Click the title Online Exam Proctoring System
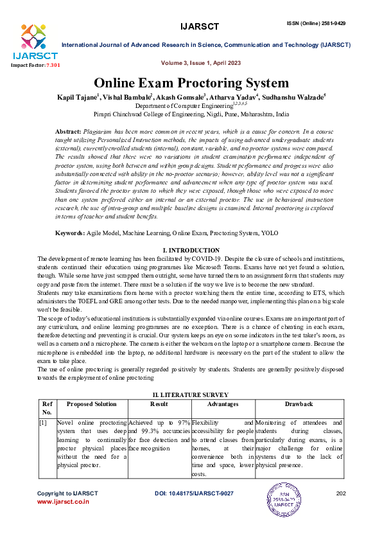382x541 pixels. (191, 83)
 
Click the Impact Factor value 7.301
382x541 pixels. (51, 65)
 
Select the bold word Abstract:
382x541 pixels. (69, 130)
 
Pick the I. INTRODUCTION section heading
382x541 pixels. (191, 250)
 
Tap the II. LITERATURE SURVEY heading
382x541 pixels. (191, 391)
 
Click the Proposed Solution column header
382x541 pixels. (92, 404)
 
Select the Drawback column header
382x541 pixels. (299, 404)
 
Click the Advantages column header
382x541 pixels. (223, 404)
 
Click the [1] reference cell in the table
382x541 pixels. (42, 422)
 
